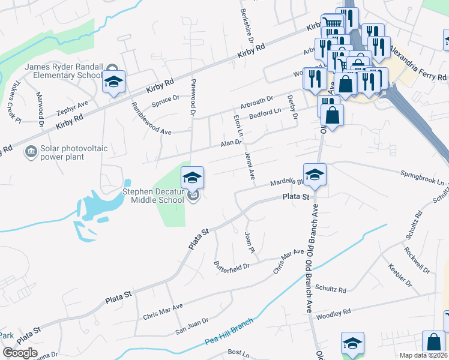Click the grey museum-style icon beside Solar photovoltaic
tap(29, 152)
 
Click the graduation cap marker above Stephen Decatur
tap(193, 178)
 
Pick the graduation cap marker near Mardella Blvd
tap(315, 175)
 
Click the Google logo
tap(20, 353)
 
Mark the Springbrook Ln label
tap(423, 178)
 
